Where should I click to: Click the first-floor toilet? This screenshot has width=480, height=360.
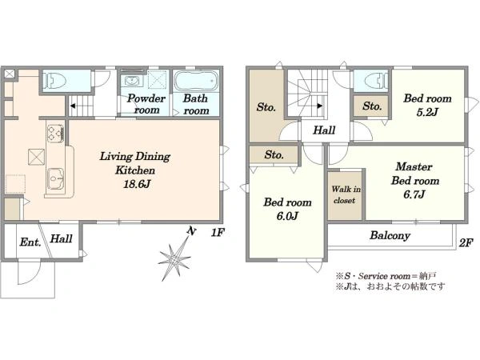54,80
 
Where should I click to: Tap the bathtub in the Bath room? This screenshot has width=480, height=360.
196,81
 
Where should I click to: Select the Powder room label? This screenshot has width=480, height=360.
146,104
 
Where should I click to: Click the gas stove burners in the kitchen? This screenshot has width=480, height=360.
55,134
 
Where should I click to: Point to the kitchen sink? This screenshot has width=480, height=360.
55,178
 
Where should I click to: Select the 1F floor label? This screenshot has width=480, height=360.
218,233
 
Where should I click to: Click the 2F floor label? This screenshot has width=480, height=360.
466,242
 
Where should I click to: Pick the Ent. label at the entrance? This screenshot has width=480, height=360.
30,242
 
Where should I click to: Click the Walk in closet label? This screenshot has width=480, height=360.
346,194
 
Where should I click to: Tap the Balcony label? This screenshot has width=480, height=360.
390,235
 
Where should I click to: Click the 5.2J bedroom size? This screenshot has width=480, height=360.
427,112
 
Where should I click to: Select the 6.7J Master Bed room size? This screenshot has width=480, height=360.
414,194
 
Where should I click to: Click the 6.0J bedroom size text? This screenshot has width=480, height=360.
287,216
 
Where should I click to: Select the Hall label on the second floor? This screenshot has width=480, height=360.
324,130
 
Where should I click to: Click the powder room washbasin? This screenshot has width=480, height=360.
132,81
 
